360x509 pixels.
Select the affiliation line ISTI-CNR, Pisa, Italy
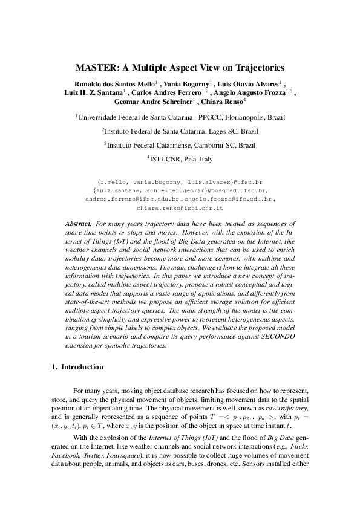tap(180, 159)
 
